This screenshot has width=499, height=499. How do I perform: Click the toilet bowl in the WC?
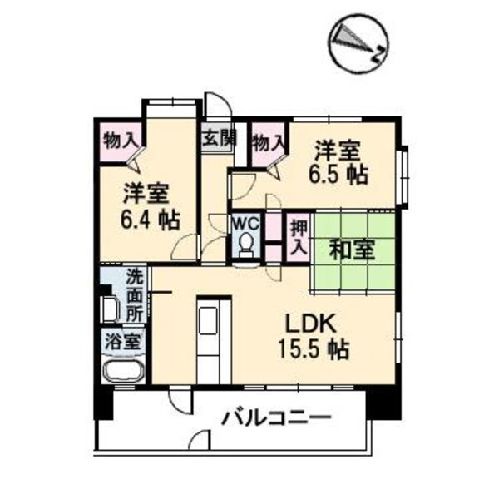(247, 245)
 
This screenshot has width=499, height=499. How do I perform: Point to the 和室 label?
(353, 249)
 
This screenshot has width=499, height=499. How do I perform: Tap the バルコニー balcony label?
(276, 417)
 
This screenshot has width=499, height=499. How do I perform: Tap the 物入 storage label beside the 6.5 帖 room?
(269, 144)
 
